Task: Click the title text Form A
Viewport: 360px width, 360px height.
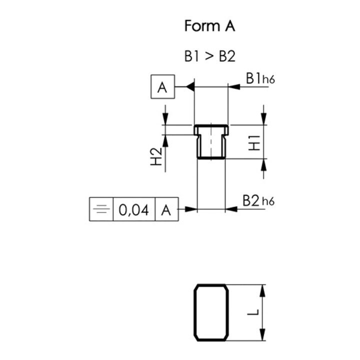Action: click(209, 26)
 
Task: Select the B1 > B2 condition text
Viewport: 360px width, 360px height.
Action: click(209, 56)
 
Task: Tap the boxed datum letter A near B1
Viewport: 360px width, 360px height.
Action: click(161, 88)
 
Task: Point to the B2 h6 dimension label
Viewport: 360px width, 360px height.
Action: click(258, 200)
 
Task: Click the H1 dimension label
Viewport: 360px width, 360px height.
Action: click(254, 142)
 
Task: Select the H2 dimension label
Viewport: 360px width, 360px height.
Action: click(156, 157)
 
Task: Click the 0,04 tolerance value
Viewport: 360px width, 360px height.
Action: click(133, 210)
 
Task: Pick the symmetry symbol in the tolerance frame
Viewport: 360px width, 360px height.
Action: click(101, 209)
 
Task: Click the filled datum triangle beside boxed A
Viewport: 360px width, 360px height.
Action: click(189, 87)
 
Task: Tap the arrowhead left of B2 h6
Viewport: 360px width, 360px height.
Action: click(231, 208)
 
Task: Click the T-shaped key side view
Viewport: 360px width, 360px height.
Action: click(211, 141)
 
